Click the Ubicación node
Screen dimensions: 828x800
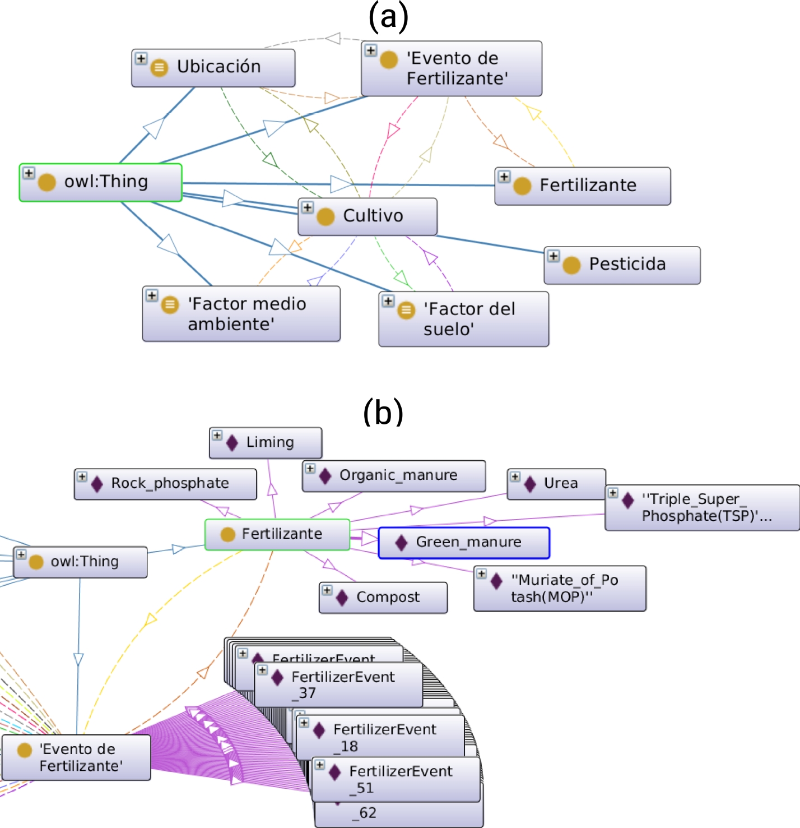213,67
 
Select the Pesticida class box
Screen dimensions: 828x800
622,265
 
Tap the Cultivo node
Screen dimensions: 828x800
368,216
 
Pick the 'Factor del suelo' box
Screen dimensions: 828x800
463,318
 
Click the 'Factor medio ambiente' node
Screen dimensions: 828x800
241,313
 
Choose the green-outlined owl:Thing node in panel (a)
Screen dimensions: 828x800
101,182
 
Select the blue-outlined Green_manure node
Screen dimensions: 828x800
464,543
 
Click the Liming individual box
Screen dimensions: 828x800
266,442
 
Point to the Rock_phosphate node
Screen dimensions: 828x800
165,484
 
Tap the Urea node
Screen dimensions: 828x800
556,484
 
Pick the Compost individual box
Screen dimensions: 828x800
383,598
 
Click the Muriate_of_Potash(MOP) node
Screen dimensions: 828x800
560,588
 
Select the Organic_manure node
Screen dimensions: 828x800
394,476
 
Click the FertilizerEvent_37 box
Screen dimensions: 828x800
338,684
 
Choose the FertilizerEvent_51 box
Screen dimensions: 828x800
396,779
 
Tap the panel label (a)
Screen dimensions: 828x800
388,17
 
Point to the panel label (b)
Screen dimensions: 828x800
383,412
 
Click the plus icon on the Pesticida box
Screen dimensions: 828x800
554,256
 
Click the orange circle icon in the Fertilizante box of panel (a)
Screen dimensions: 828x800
522,186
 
